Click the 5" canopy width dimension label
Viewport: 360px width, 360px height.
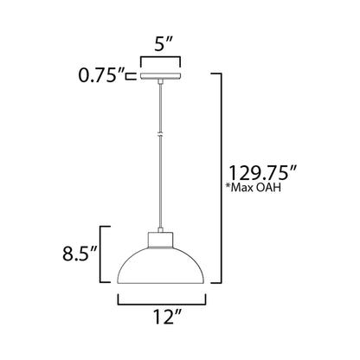161,42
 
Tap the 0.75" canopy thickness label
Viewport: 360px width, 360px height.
101,76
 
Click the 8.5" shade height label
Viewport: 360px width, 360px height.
79,254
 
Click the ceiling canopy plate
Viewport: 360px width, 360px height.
161,77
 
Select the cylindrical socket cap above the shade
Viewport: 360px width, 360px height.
162,237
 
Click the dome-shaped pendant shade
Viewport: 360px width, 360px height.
162,263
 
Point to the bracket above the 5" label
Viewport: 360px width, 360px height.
161,61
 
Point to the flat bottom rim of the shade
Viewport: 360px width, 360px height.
162,282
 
